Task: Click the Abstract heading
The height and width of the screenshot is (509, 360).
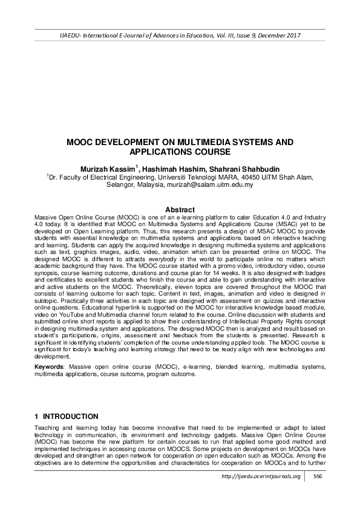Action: pyautogui.click(x=180, y=209)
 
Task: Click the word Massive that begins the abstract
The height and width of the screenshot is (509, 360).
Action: pyautogui.click(x=45, y=216)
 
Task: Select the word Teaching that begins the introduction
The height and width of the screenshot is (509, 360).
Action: pyautogui.click(x=48, y=427)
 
